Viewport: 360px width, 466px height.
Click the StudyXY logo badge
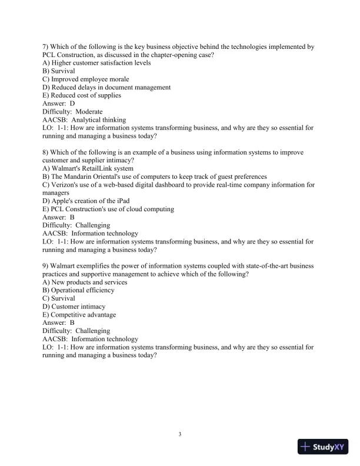pyautogui.click(x=324, y=447)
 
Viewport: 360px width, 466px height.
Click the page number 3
pyautogui.click(x=180, y=435)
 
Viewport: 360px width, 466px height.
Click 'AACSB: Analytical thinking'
pyautogui.click(x=84, y=119)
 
